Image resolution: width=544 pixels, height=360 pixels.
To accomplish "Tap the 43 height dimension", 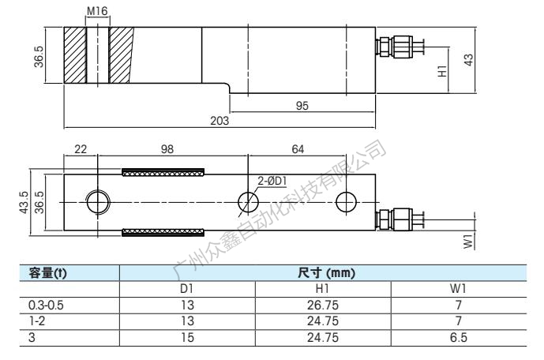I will (468, 60).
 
